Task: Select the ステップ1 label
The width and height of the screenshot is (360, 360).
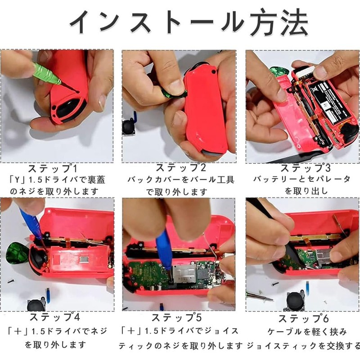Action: point(57,169)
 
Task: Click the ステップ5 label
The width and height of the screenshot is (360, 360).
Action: point(180,317)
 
